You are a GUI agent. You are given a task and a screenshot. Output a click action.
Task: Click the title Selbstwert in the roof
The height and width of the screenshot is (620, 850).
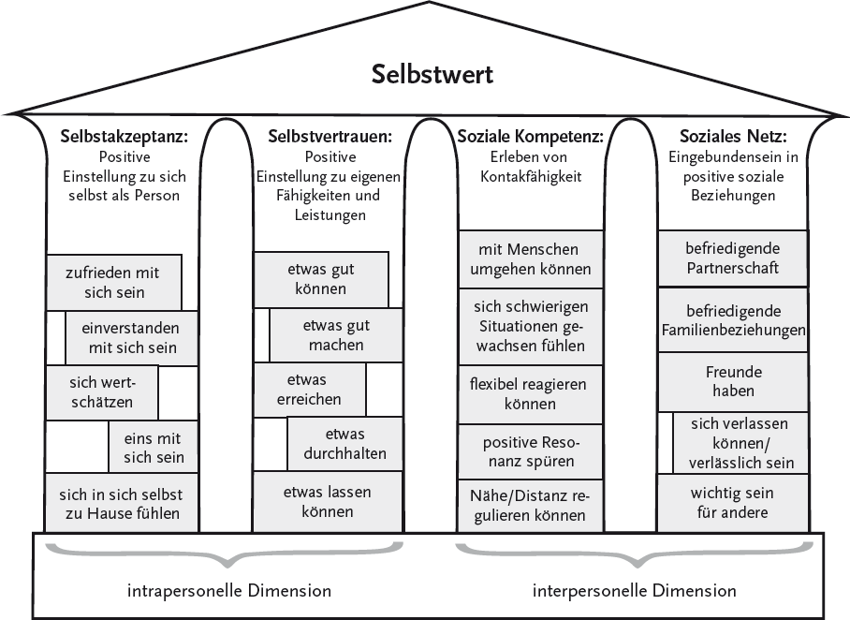(x=432, y=74)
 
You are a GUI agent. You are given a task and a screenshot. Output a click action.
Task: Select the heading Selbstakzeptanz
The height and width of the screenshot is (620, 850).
(x=125, y=137)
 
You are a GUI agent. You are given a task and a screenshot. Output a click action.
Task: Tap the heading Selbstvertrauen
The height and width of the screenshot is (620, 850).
(x=329, y=137)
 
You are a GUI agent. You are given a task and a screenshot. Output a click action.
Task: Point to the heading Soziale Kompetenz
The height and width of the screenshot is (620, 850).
(x=530, y=137)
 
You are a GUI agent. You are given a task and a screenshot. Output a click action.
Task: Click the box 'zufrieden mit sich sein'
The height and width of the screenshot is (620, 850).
(x=113, y=282)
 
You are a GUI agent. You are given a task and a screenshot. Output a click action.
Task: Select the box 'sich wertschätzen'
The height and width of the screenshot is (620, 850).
(x=102, y=391)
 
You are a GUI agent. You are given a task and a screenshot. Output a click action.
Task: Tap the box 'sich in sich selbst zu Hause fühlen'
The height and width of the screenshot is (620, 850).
(x=121, y=503)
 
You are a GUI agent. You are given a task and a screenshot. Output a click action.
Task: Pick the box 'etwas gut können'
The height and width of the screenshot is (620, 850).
(x=321, y=278)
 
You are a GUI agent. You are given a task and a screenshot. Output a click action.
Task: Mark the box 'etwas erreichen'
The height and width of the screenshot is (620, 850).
(x=309, y=389)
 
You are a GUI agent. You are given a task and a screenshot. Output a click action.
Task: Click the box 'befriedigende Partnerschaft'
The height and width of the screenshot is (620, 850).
(x=732, y=258)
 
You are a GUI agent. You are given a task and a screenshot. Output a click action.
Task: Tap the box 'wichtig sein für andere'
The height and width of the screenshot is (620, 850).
(x=732, y=502)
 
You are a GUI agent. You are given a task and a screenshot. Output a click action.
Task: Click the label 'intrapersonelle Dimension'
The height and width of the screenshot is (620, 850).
(x=229, y=591)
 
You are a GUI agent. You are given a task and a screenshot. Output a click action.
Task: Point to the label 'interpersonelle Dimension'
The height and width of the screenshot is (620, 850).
(x=634, y=591)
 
